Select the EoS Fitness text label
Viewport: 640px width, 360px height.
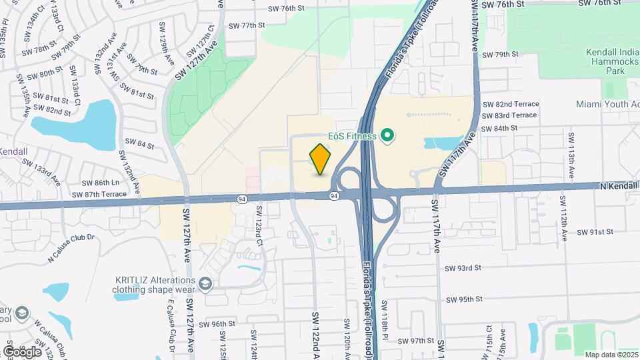(x=351, y=137)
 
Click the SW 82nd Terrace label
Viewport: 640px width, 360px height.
(x=510, y=104)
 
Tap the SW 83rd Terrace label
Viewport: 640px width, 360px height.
(x=510, y=115)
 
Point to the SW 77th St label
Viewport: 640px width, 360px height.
(x=247, y=25)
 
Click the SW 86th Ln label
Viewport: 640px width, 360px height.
(x=100, y=183)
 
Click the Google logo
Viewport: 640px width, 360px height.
(x=21, y=351)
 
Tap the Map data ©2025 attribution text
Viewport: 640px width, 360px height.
(x=611, y=355)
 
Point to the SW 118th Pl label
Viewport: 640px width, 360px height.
(x=385, y=319)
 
